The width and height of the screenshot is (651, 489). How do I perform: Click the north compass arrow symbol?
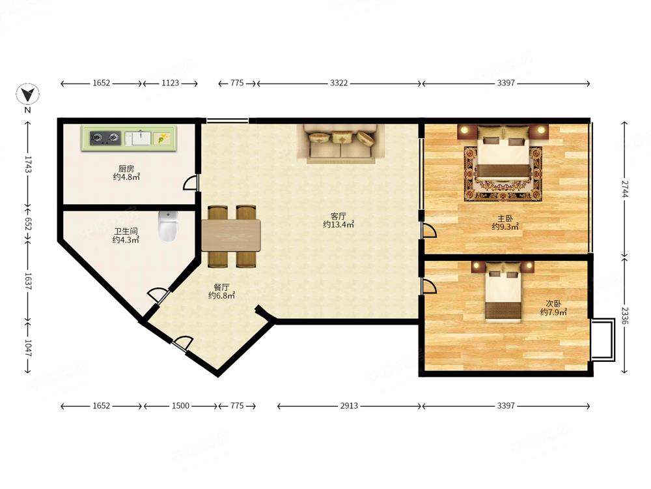pyautogui.click(x=27, y=94)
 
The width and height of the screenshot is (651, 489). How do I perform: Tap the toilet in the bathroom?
pyautogui.click(x=168, y=226)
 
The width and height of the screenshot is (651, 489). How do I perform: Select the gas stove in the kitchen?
pyautogui.click(x=105, y=138)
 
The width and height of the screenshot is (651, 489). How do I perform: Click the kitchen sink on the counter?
pyautogui.click(x=138, y=138)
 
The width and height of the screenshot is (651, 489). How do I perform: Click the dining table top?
pyautogui.click(x=231, y=235)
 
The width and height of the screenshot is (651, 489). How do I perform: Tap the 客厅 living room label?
pyautogui.click(x=339, y=216)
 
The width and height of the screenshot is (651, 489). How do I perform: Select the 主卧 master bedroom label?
pyautogui.click(x=505, y=218)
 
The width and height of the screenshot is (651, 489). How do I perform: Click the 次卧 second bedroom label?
pyautogui.click(x=553, y=303)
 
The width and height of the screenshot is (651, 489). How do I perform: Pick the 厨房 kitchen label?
pyautogui.click(x=126, y=168)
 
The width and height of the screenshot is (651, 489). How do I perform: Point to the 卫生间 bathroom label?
pyautogui.click(x=126, y=231)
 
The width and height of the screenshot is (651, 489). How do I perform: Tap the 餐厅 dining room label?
pyautogui.click(x=221, y=287)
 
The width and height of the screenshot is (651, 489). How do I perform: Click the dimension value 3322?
pyautogui.click(x=339, y=83)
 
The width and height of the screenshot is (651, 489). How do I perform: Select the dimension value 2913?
pyautogui.click(x=349, y=406)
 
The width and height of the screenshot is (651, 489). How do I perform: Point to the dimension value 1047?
pyautogui.click(x=28, y=348)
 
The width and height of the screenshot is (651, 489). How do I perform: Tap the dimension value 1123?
pyautogui.click(x=170, y=83)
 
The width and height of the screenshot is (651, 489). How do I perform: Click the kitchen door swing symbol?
pyautogui.click(x=191, y=183)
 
